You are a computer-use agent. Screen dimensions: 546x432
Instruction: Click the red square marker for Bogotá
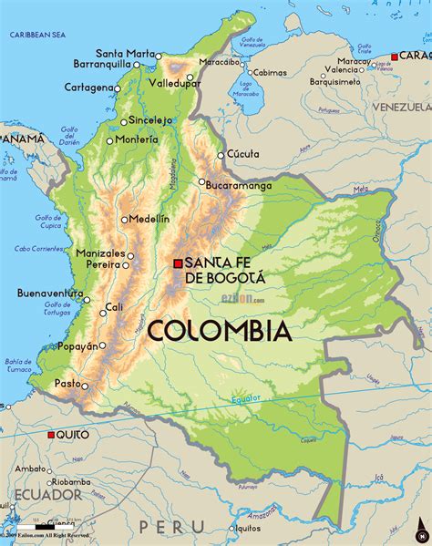179,263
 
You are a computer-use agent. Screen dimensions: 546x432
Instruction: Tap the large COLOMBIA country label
219,330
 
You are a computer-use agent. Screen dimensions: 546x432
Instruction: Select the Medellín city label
149,219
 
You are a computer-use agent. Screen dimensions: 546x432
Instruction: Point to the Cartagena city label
88,88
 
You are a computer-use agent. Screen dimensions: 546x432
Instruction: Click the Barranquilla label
110,65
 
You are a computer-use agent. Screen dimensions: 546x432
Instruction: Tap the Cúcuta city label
243,154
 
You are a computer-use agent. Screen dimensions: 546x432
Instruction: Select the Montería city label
137,139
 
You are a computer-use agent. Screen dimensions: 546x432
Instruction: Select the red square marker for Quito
50,435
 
